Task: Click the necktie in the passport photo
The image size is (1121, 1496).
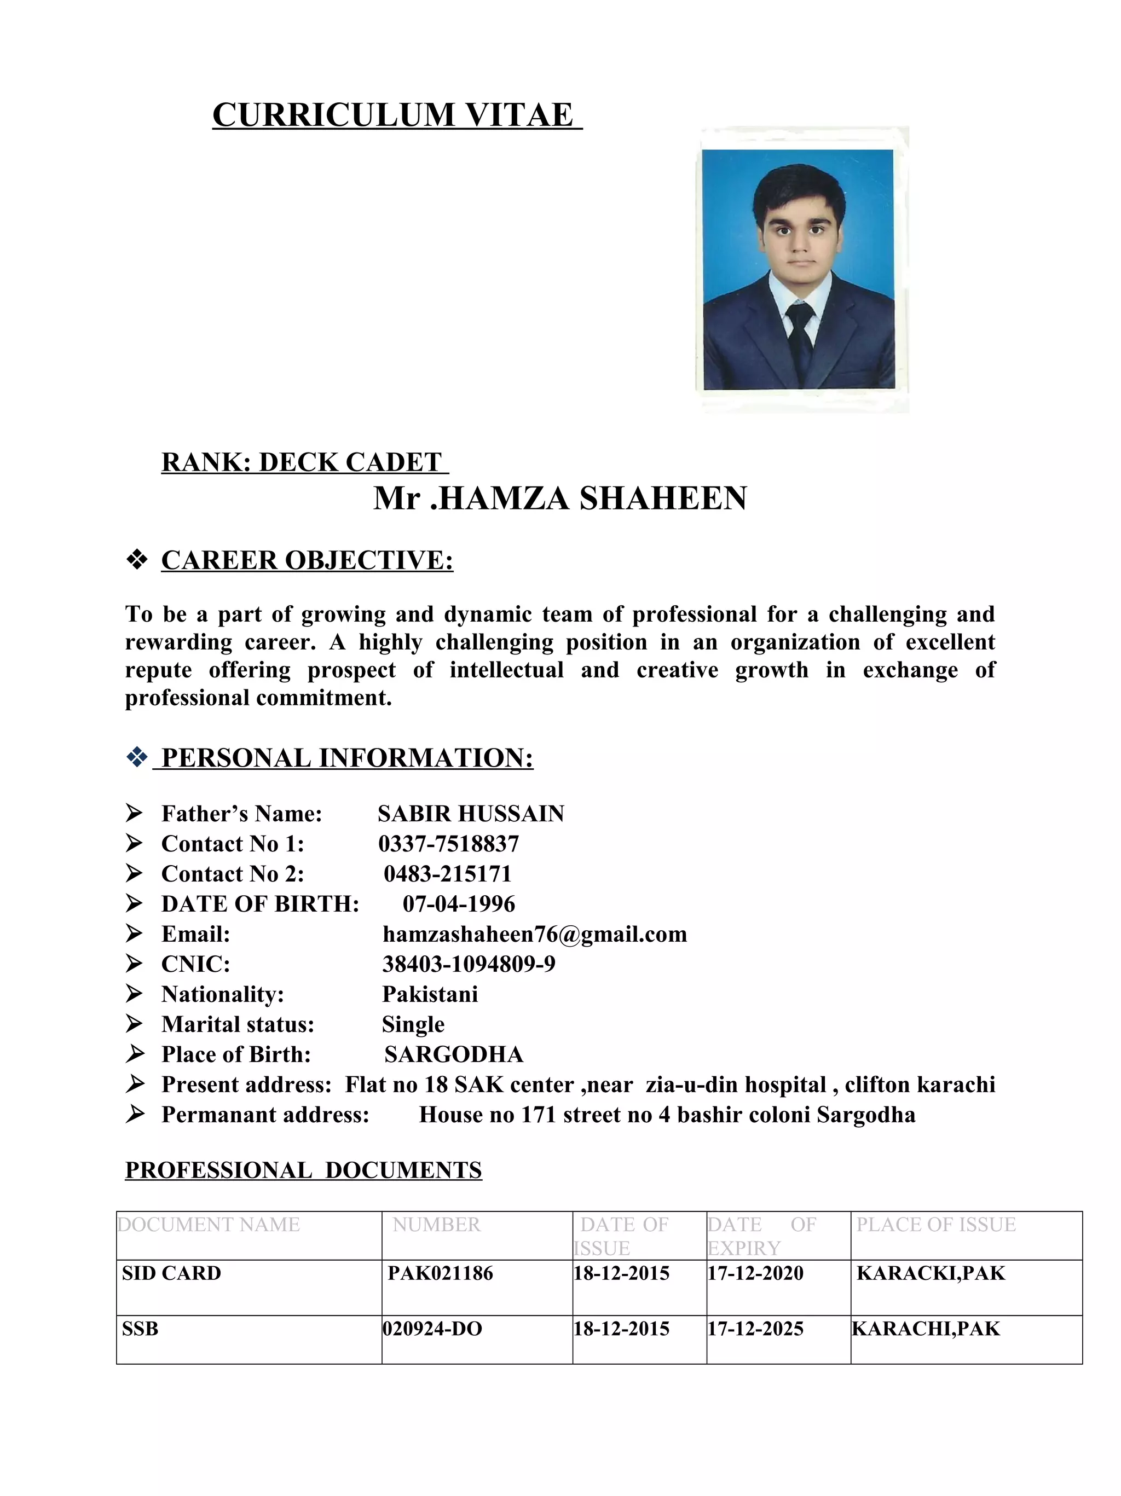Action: click(x=800, y=338)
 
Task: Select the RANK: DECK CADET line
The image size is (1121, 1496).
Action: click(x=304, y=462)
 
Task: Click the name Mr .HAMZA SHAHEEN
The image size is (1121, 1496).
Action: click(x=560, y=498)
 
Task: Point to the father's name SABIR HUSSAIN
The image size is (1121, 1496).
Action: click(x=471, y=814)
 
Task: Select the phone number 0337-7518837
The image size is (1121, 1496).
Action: click(x=448, y=844)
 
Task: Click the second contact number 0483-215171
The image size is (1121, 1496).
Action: click(x=447, y=874)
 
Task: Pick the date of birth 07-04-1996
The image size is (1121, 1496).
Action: click(x=459, y=904)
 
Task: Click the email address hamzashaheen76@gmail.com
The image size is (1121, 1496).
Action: click(x=534, y=934)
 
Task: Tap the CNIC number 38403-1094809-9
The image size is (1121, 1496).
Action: click(x=469, y=965)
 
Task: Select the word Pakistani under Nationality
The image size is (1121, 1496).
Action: click(x=430, y=994)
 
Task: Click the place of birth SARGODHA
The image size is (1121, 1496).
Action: click(x=453, y=1054)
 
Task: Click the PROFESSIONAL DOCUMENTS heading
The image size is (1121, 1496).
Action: click(x=303, y=1170)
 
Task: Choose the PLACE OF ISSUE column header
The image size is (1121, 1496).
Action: click(x=935, y=1225)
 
